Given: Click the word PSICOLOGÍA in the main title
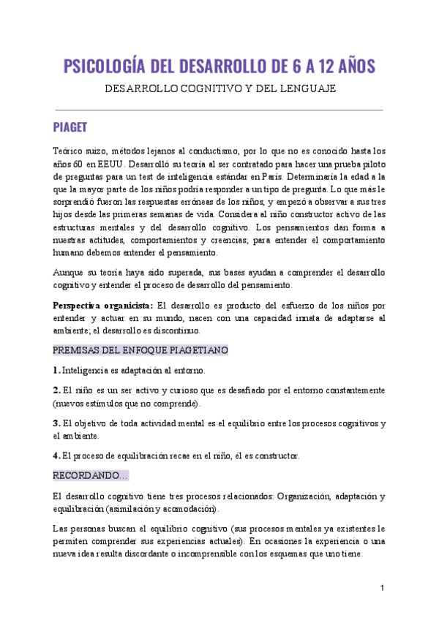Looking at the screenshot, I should (x=107, y=68).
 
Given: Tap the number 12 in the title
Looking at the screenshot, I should (x=319, y=68).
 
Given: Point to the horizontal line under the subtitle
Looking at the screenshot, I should (x=219, y=110).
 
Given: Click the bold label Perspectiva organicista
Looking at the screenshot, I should (x=102, y=305).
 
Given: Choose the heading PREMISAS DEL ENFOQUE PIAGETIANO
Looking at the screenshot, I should (x=141, y=350).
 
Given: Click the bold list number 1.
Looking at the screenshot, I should (x=56, y=371).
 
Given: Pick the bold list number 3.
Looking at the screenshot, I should (x=56, y=423).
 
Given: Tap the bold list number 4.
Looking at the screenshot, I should (x=56, y=455).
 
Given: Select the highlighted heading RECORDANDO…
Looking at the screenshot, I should (x=91, y=475).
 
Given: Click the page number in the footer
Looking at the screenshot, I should (x=382, y=589).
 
